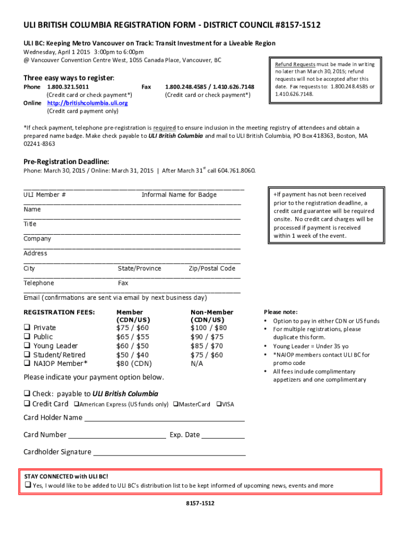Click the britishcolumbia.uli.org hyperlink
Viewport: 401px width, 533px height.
87,103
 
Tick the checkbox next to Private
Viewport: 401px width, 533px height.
26,327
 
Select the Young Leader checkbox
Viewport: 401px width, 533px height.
26,346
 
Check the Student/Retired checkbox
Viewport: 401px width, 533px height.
26,354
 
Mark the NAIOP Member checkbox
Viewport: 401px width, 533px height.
26,363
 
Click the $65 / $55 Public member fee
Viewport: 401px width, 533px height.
132,337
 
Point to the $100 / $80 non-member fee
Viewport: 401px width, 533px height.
208,327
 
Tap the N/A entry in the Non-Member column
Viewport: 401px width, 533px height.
197,363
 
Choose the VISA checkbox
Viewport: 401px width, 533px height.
219,404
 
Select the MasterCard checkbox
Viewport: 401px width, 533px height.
176,404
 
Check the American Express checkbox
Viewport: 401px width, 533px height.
76,404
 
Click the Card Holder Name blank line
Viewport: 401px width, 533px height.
164,418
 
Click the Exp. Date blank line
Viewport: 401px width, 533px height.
223,436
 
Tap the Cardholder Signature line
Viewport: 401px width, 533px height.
169,453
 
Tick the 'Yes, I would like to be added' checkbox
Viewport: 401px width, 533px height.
28,486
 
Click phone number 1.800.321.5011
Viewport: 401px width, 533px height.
68,87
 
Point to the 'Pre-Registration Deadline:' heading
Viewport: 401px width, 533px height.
66,161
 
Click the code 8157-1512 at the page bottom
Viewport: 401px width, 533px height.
200,503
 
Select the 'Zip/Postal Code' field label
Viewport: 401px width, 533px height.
211,269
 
